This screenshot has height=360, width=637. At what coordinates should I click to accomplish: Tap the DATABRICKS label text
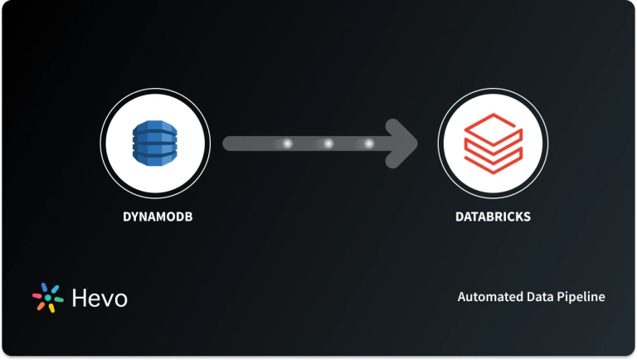[493, 217]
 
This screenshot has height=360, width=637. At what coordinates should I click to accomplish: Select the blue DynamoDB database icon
[155, 143]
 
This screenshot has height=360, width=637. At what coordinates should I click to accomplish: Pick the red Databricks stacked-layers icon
[493, 144]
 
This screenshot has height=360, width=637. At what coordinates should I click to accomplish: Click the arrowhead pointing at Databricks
[405, 144]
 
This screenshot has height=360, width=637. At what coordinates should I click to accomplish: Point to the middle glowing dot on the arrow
[328, 144]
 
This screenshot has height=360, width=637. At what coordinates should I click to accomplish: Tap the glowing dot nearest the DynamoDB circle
[288, 144]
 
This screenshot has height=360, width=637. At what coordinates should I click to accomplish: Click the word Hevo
[100, 298]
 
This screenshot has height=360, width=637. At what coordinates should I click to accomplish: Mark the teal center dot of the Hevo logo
[47, 299]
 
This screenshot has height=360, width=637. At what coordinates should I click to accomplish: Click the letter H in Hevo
[80, 298]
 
